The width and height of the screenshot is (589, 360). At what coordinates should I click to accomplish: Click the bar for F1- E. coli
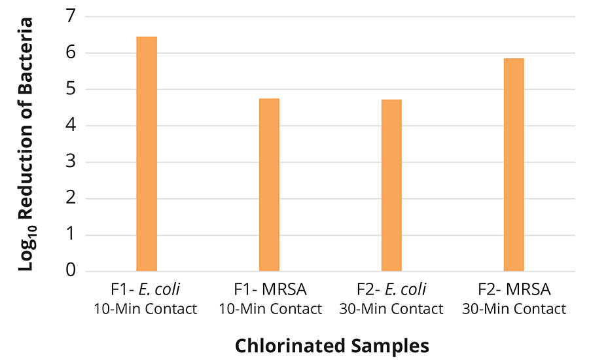(x=147, y=154)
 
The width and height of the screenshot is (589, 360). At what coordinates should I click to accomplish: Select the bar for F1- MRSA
(x=269, y=185)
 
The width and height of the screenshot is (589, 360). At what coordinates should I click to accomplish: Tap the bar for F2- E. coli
(x=391, y=185)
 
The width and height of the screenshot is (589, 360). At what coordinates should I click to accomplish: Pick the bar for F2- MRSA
(x=514, y=164)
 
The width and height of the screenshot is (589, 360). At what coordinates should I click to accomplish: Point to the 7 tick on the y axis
(x=70, y=16)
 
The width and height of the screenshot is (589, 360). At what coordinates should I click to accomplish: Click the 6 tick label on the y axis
(x=70, y=52)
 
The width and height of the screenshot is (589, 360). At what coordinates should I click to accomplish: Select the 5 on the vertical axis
(x=70, y=89)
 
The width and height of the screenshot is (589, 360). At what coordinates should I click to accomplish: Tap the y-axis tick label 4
(x=70, y=126)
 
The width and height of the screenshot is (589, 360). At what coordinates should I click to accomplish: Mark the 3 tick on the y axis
(x=70, y=162)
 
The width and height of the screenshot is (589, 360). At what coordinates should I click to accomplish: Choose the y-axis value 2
(x=70, y=198)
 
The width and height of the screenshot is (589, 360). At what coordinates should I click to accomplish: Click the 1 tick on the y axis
(x=70, y=235)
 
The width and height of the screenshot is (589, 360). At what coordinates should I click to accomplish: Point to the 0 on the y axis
(x=70, y=271)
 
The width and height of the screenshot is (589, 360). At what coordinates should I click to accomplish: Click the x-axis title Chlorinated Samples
(x=332, y=345)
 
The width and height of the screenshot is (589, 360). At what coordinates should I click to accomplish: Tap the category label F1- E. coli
(x=147, y=289)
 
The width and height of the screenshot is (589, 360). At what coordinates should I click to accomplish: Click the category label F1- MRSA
(x=269, y=289)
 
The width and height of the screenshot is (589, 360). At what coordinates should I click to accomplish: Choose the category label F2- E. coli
(x=391, y=289)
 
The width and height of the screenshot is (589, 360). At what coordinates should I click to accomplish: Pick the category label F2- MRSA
(x=514, y=289)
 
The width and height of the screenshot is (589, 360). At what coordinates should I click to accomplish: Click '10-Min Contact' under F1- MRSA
(x=269, y=308)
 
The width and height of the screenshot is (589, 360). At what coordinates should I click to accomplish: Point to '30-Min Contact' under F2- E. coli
(x=391, y=308)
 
